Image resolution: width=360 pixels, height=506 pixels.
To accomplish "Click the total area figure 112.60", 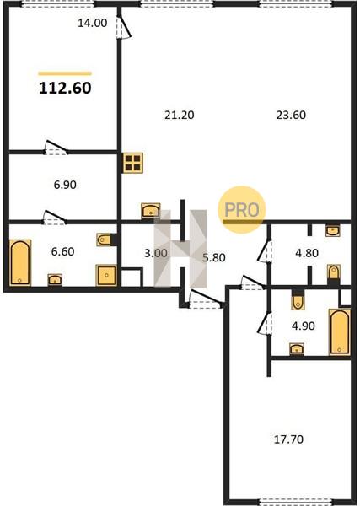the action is click(x=65, y=88).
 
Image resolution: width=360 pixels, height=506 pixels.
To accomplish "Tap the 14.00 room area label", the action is click(x=93, y=23).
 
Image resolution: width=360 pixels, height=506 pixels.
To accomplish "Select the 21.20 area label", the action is click(x=180, y=115).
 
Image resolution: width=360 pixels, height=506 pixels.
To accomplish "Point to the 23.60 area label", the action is click(x=291, y=115).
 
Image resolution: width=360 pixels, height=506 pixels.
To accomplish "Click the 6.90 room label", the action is click(x=65, y=185).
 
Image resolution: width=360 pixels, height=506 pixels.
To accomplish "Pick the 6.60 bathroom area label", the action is click(x=63, y=251).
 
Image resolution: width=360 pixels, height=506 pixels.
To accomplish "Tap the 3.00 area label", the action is click(x=156, y=253).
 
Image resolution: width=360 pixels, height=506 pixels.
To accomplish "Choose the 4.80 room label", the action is click(x=307, y=253).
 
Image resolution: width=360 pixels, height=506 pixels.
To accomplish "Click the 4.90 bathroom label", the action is click(x=304, y=326).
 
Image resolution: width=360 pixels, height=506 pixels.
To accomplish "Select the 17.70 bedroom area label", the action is click(x=288, y=439).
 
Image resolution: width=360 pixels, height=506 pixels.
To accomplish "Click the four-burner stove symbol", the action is click(x=132, y=163).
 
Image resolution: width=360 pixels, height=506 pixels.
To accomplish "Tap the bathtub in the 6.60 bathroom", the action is click(x=20, y=262).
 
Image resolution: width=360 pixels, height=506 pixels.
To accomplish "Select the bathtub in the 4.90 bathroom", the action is click(x=340, y=332).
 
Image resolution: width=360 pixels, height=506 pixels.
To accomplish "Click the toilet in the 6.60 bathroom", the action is click(x=105, y=240).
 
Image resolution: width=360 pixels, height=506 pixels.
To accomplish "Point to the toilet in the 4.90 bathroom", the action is click(x=298, y=300).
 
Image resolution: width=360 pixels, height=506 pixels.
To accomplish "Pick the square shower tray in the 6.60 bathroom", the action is click(x=106, y=275).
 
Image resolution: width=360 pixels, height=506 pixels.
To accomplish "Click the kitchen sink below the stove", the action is click(x=151, y=210).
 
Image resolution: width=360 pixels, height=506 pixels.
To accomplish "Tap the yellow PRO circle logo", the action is click(x=242, y=209).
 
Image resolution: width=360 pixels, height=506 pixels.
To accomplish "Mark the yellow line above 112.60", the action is click(x=65, y=73).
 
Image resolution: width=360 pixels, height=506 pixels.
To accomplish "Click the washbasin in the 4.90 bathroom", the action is click(x=297, y=349).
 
